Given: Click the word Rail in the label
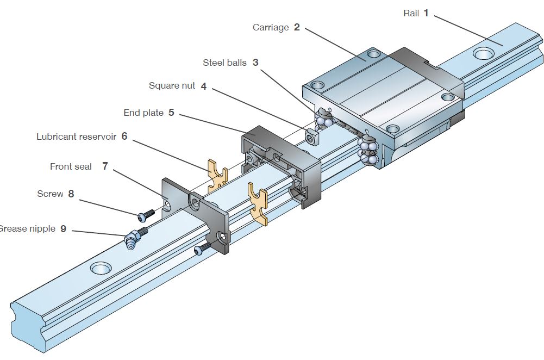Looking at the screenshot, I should pos(411,13).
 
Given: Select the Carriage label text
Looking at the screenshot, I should pos(271,27).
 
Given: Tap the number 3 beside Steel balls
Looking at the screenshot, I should pos(255,63).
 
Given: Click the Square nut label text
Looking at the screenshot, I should pos(172,86).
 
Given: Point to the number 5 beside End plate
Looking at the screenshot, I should pos(171,113).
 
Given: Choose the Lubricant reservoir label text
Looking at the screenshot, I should pos(76,136).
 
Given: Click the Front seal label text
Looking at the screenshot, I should pos(71,166).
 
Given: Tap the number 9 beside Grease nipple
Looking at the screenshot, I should pos(63,229).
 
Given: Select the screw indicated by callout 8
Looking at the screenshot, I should pos(144,216).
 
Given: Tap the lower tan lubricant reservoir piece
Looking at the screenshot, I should pos(258,204).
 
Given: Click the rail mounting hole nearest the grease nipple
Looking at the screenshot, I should pos(101,268).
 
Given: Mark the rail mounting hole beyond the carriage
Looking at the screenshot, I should pos(483,53).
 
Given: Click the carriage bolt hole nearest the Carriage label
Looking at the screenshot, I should pos(373,54).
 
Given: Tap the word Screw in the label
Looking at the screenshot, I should pos(50,194).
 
